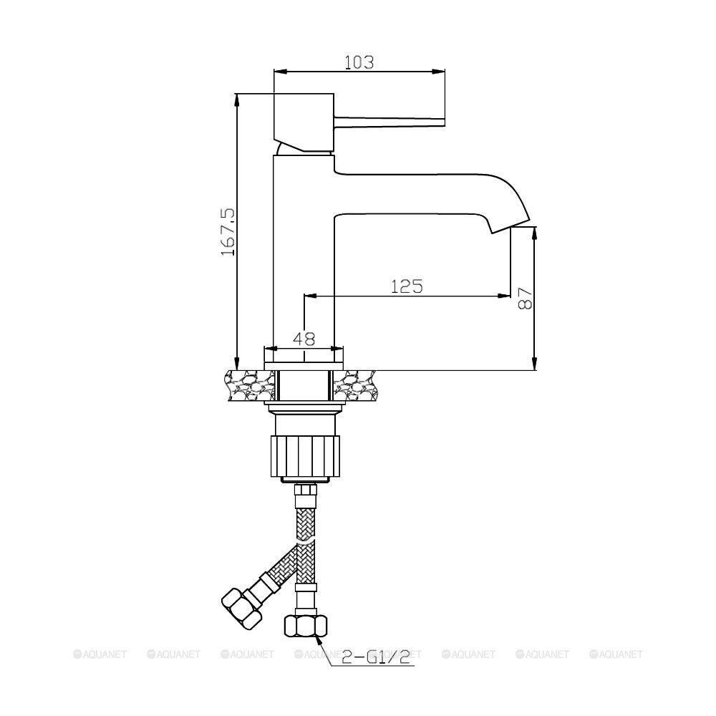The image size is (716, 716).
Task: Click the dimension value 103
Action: pyautogui.click(x=359, y=62)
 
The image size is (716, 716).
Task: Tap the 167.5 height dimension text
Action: pyautogui.click(x=228, y=232)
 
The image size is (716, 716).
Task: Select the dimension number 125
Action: pyautogui.click(x=407, y=286)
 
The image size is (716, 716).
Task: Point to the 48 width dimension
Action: pyautogui.click(x=304, y=339)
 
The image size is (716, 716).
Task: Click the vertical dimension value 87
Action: pyautogui.click(x=526, y=298)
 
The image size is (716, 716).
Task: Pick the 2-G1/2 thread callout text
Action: pyautogui.click(x=376, y=657)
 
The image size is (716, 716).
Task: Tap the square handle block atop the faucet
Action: pyautogui.click(x=304, y=122)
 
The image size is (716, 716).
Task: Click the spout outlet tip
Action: pyautogui.click(x=510, y=226)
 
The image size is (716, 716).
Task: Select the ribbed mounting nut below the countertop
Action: pyautogui.click(x=306, y=456)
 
